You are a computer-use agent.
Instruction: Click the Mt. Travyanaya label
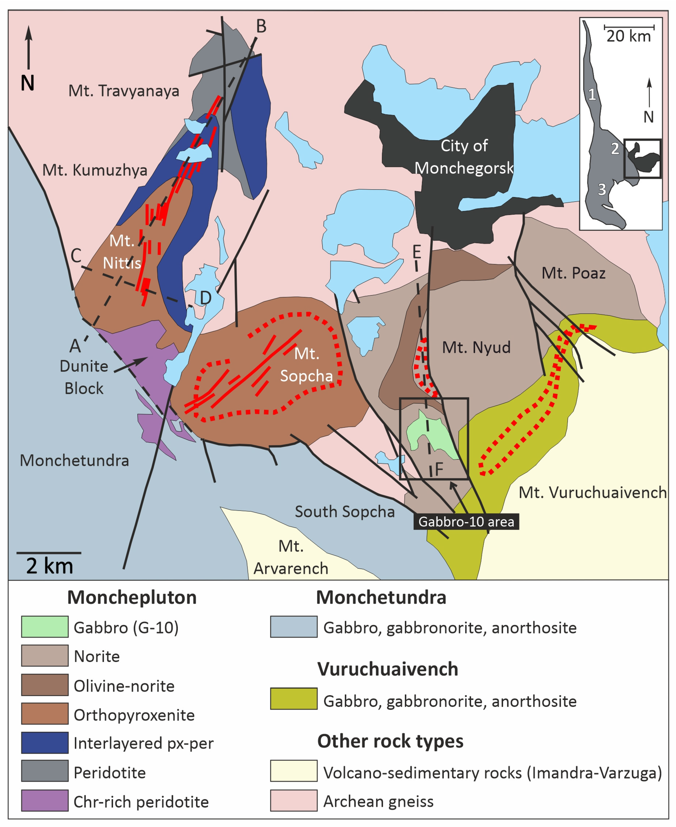(x=124, y=91)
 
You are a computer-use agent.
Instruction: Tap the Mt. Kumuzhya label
(x=95, y=170)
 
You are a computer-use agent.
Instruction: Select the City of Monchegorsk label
(x=464, y=157)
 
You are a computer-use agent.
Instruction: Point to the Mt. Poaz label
(x=573, y=273)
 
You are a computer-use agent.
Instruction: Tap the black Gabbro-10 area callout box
(x=466, y=521)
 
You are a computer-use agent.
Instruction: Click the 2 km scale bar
(x=49, y=553)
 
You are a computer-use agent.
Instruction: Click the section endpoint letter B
(x=261, y=26)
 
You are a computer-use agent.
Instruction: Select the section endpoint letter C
(x=76, y=256)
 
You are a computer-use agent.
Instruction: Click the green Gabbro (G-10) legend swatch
(x=45, y=627)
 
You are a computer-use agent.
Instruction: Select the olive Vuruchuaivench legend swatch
(x=294, y=699)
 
